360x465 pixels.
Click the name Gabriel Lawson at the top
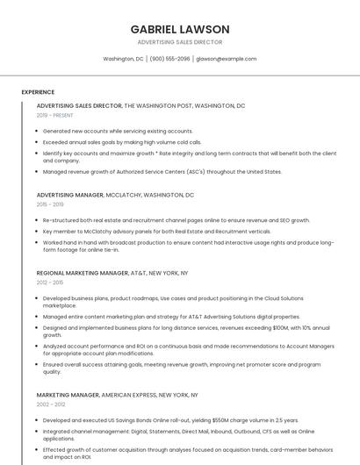(180, 29)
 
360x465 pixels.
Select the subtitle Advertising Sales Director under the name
(180, 42)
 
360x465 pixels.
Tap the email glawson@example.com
(227, 59)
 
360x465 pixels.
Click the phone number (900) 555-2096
(169, 59)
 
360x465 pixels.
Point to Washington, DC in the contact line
(123, 59)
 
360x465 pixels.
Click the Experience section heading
(38, 92)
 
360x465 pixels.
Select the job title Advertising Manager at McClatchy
(69, 195)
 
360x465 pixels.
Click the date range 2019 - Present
(55, 115)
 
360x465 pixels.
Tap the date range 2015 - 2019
(50, 204)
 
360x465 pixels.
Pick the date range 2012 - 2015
(50, 283)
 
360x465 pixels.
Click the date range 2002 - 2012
(51, 404)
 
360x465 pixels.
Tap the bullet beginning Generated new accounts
(118, 131)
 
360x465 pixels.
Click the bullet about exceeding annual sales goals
(122, 141)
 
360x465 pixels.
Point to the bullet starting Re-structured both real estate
(176, 220)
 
